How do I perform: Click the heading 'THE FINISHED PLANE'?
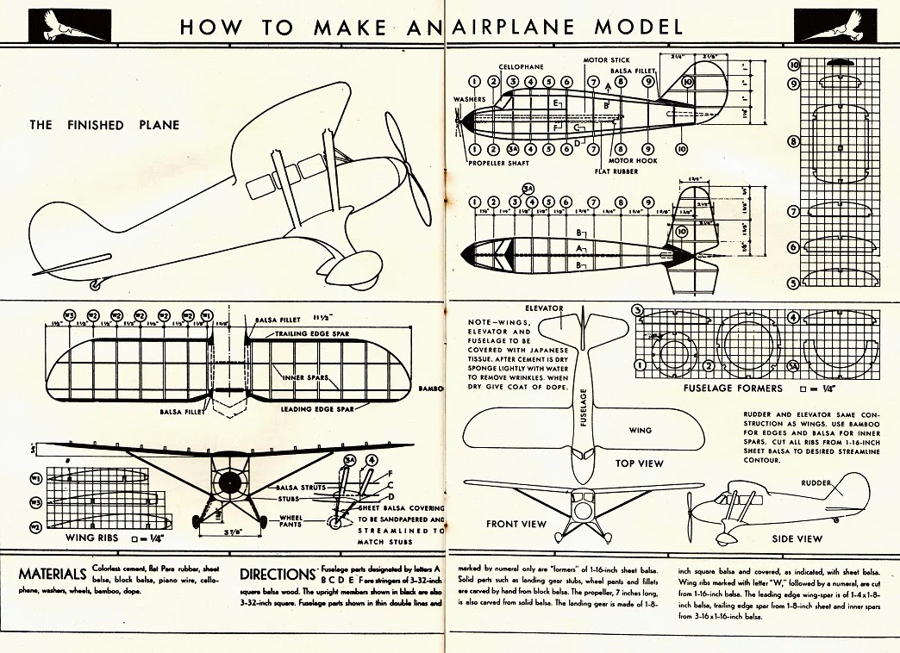click(104, 125)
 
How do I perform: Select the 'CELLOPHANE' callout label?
click(520, 66)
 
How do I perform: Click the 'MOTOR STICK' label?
click(607, 60)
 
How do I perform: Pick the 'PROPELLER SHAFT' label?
click(497, 162)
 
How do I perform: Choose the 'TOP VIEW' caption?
click(640, 463)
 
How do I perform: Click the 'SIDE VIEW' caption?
click(797, 538)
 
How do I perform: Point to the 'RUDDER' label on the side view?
click(818, 482)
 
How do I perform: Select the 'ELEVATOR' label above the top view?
click(543, 308)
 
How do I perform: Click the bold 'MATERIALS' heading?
click(53, 574)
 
